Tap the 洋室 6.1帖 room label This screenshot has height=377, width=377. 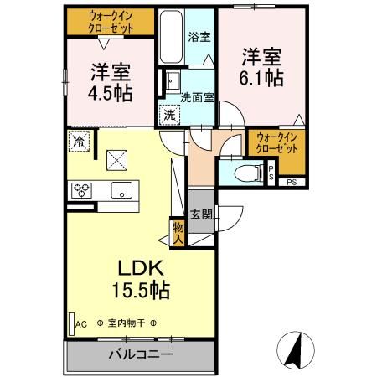point(262,66)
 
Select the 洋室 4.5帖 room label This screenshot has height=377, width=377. point(108,81)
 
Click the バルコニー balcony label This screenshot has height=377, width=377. point(140,354)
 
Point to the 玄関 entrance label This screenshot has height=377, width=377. point(201,214)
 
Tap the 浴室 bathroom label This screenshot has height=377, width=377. point(199,38)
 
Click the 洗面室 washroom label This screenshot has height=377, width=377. point(198,96)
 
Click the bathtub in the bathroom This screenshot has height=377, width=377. point(172,38)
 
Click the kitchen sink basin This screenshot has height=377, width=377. point(123,190)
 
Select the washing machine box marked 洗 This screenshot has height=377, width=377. point(168,114)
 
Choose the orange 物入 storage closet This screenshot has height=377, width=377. point(178,232)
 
